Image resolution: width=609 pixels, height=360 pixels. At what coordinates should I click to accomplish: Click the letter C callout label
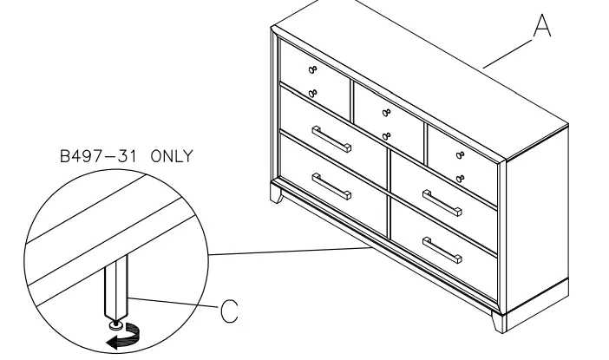(228, 310)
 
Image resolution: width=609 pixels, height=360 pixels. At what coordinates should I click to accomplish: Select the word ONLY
(172, 157)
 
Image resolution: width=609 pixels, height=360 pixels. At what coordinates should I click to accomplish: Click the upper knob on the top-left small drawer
(313, 69)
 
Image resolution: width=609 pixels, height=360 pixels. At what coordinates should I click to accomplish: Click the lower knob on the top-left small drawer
(313, 92)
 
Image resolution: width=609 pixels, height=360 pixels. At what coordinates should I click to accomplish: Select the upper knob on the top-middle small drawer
(385, 112)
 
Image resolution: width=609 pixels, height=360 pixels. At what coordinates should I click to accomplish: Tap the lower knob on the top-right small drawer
(459, 178)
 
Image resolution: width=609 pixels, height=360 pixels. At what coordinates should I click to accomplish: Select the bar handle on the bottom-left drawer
(331, 187)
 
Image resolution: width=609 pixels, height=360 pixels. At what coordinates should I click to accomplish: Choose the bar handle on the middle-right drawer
(442, 205)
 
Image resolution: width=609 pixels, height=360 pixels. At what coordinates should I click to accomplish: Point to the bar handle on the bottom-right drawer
(442, 251)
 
